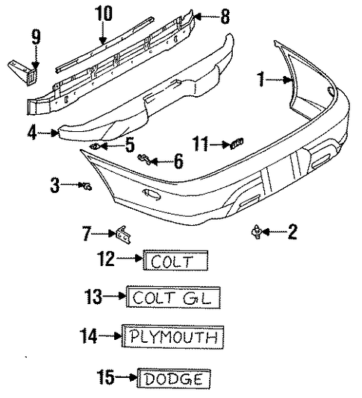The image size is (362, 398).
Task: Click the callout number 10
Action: pos(104,13)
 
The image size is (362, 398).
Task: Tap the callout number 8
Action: pos(225,16)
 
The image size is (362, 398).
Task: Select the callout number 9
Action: pos(36,37)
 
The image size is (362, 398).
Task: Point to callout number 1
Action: pos(260,79)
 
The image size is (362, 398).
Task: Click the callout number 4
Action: pos(32,133)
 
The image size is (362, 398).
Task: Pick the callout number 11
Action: pos(200,144)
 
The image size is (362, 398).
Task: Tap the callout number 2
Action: pos(293,232)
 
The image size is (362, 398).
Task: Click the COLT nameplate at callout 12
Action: pos(175,260)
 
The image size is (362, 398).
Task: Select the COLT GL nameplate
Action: pos(173,297)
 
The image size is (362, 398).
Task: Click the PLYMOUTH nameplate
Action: pos(173,337)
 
